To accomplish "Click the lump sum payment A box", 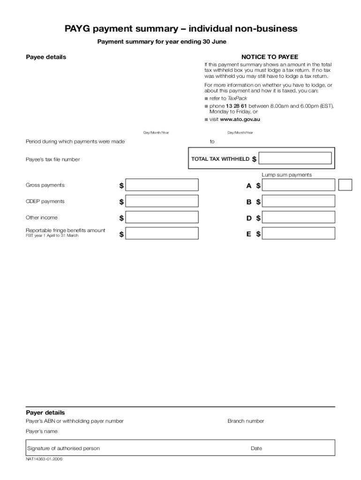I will pos(298,185).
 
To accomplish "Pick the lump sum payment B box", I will pos(298,202).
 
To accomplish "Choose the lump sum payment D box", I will pos(298,217).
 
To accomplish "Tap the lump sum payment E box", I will pos(298,233).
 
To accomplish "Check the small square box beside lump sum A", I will pos(345,185).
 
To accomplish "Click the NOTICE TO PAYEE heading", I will pos(270,57).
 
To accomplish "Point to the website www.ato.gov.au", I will pos(240,120).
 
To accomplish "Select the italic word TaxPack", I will pos(237,98).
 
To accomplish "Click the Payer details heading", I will pos(45,413).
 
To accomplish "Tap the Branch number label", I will pos(246,421).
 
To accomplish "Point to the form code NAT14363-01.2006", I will pos(44,459).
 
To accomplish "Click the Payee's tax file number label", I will pos(53,159).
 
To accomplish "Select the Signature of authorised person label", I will pos(63,449).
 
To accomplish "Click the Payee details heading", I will pos(45,57).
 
